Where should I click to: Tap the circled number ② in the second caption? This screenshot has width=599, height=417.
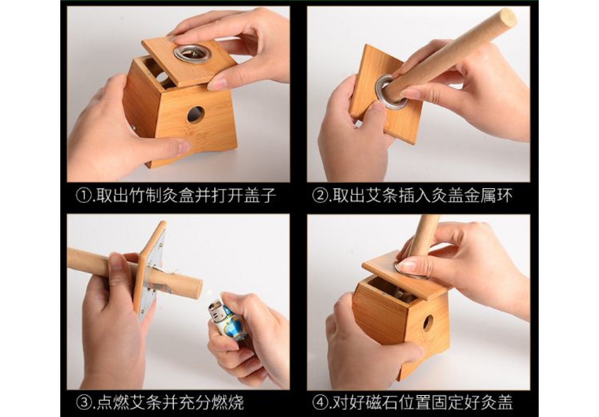tap(320, 196)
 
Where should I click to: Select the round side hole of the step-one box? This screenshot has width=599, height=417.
tap(196, 115)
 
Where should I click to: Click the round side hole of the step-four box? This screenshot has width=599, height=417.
tap(428, 324)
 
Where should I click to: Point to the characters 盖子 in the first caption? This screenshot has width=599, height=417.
tap(260, 196)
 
